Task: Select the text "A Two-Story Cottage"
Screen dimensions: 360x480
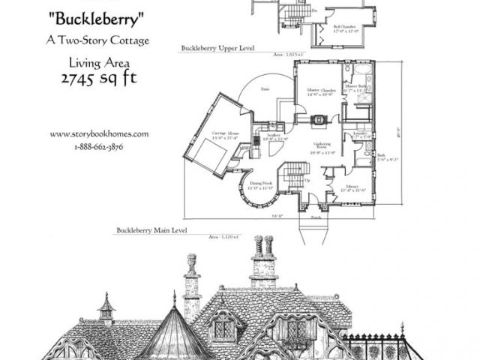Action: [x=95, y=40]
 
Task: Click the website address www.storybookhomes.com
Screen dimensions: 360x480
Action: [x=99, y=134]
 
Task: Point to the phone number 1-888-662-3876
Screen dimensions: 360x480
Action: [x=99, y=146]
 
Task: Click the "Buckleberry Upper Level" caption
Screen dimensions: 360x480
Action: [x=217, y=47]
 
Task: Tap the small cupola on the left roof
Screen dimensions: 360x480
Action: [x=106, y=307]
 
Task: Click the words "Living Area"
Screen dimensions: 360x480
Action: [x=95, y=63]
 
